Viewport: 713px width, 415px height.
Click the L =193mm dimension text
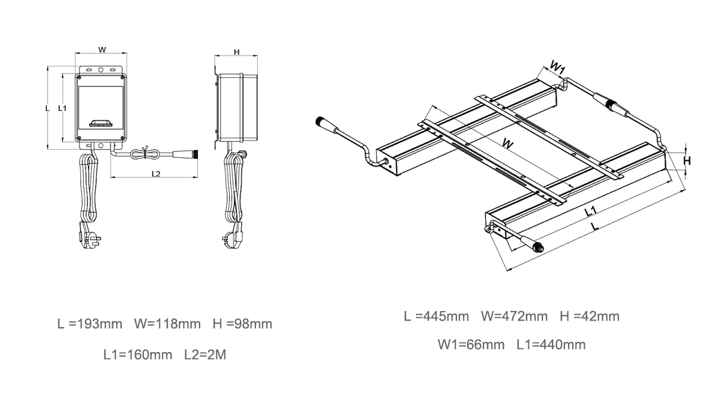coord(90,324)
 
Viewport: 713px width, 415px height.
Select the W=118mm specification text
coord(168,324)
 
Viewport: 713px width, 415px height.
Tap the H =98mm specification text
coord(242,324)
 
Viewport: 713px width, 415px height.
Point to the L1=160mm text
coord(138,354)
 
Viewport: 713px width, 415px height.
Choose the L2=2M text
coord(206,354)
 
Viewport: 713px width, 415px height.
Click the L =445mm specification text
coord(436,316)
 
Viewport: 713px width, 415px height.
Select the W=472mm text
coord(515,316)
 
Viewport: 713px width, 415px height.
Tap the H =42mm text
coord(590,316)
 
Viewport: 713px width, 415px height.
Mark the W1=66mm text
coord(471,345)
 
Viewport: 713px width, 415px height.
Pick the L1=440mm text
coord(551,345)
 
